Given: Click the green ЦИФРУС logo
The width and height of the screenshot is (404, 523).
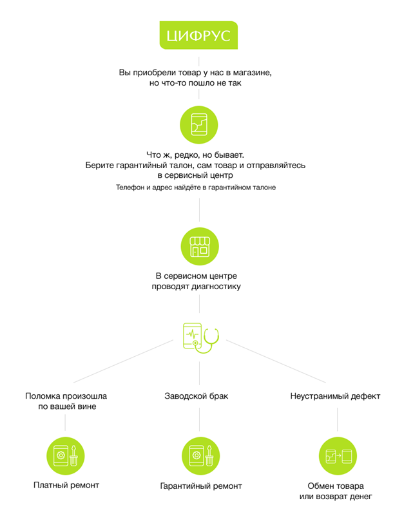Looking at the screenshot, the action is click(198, 35).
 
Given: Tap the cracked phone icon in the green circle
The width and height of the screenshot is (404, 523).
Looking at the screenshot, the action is click(199, 125).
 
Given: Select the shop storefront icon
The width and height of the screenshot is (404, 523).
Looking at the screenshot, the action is click(200, 247).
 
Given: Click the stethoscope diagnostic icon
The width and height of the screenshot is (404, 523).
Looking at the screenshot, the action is click(201, 338).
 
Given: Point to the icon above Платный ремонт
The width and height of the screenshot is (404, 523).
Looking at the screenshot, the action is click(65, 455).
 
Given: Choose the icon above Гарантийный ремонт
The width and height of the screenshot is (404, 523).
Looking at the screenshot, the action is click(200, 455).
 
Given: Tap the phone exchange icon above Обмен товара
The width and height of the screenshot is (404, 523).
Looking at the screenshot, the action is click(338, 455).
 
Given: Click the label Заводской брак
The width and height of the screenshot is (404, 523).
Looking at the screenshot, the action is click(196, 396).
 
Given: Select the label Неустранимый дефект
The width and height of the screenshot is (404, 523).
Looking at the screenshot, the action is click(335, 396).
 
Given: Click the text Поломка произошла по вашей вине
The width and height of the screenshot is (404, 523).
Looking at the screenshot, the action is click(66, 401).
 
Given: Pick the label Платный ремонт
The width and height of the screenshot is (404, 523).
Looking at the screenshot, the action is click(66, 485).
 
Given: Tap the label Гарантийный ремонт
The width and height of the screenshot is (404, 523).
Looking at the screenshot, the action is click(201, 486).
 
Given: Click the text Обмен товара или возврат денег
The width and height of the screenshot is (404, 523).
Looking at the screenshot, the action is click(336, 491).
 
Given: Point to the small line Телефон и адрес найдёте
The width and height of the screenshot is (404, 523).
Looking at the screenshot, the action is click(196, 187).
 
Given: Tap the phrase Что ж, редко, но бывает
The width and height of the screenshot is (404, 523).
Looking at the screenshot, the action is click(195, 155).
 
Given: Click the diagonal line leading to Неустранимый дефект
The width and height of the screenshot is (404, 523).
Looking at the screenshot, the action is click(276, 361).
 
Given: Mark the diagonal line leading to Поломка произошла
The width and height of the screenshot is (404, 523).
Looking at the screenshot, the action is click(123, 361).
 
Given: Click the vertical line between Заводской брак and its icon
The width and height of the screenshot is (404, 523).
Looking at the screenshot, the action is click(200, 419).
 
